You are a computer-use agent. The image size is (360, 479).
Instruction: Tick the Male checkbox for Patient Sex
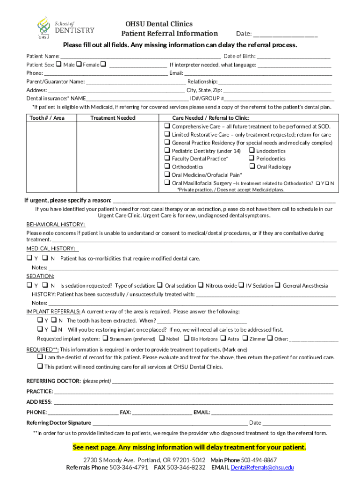[59, 65]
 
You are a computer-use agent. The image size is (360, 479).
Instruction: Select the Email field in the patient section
[258, 73]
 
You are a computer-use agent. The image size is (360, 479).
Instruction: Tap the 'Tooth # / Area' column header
[47, 118]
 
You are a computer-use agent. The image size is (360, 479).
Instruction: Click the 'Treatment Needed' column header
[113, 118]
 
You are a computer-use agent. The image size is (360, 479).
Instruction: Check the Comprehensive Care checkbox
[166, 126]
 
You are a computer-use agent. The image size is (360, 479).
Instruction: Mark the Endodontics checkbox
[252, 151]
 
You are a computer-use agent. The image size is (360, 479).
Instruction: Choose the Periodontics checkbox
[252, 159]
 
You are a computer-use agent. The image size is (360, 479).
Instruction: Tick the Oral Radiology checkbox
[252, 167]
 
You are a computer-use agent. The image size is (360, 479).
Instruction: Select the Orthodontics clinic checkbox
[166, 167]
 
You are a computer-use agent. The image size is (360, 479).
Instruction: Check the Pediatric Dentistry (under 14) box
[166, 151]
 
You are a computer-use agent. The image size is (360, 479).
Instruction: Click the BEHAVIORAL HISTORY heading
[56, 225]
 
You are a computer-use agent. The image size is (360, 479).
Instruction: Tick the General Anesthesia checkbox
[277, 285]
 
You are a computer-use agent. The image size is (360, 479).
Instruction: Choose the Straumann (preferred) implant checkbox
[105, 338]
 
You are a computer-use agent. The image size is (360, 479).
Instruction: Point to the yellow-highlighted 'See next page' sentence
[189, 447]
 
